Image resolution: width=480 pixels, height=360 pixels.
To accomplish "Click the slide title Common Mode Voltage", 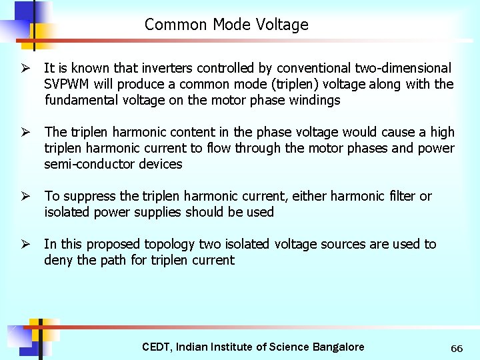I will click(x=226, y=25).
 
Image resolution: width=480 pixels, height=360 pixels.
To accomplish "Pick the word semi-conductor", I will click(x=83, y=164).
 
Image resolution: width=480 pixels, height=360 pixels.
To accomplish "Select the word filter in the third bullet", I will click(x=400, y=196).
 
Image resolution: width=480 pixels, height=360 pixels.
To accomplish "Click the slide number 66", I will click(x=457, y=349).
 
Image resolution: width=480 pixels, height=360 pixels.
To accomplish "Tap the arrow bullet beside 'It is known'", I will click(x=25, y=69).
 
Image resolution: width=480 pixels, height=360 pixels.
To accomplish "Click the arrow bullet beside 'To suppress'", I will click(x=25, y=197).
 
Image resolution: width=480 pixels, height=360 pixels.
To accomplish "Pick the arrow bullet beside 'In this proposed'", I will click(x=25, y=245).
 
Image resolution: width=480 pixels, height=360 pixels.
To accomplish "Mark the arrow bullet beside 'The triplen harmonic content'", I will click(x=25, y=133).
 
